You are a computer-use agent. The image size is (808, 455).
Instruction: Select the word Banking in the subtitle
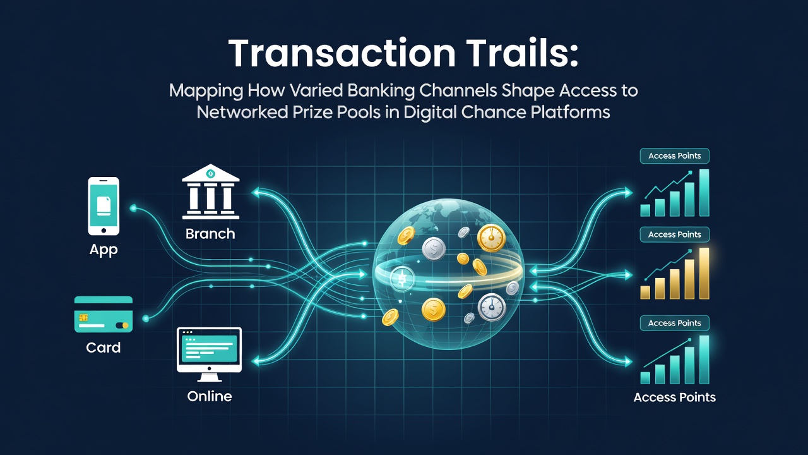coord(381,91)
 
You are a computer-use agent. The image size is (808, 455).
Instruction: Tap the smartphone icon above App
coord(104,206)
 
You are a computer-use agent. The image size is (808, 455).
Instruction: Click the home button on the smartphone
coord(104,231)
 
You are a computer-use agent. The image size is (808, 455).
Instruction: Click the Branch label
coord(210,234)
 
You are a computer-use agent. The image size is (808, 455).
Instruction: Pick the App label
coord(104,250)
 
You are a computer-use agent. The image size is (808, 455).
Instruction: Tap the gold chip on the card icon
coord(84,317)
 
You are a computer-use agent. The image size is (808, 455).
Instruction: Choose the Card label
coord(103,348)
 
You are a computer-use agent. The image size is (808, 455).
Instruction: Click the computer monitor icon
coord(209,354)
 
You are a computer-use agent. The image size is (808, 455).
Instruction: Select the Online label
coord(210,396)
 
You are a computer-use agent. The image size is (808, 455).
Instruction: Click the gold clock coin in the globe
coord(491,238)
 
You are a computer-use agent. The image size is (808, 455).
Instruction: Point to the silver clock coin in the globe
coord(492,307)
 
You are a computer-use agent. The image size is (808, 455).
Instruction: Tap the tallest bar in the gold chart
coord(704,274)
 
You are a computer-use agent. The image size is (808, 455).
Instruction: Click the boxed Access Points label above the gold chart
coord(675,234)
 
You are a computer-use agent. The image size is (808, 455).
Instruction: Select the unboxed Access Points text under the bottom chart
coord(675,397)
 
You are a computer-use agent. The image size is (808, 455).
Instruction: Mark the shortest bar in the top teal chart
coord(645,210)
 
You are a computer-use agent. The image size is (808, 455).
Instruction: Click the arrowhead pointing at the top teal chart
coord(628,193)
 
